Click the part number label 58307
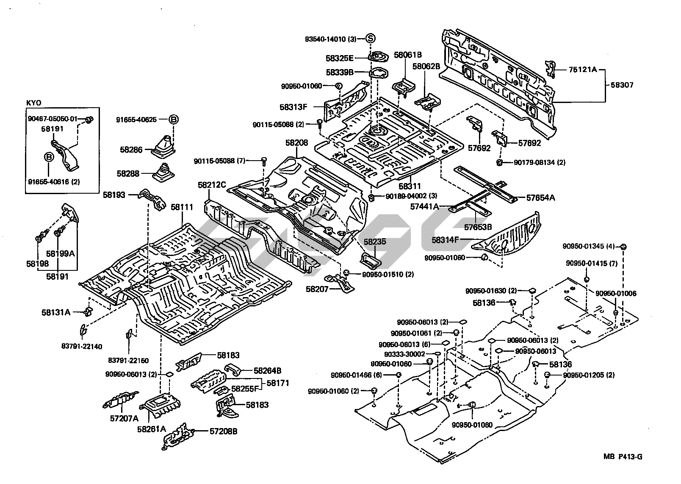[622, 85]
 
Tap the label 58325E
[340, 58]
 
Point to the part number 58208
[296, 143]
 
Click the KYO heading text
[32, 103]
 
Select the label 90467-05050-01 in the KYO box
[53, 119]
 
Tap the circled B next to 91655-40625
[174, 120]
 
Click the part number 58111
[182, 208]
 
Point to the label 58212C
[212, 185]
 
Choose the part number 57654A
[540, 197]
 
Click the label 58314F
[446, 239]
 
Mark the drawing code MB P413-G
[623, 456]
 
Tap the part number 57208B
[223, 431]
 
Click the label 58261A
[151, 429]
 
